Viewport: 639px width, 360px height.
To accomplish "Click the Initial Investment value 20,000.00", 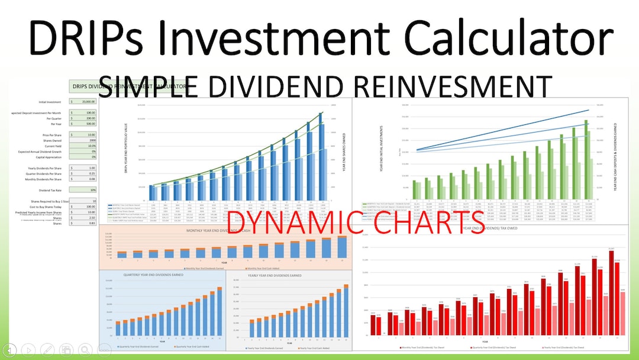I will click(x=83, y=102).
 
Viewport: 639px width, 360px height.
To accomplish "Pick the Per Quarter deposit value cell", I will click(x=83, y=118).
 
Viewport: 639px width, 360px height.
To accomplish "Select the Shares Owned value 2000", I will click(x=83, y=140).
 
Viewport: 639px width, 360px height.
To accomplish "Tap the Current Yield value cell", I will click(x=83, y=146).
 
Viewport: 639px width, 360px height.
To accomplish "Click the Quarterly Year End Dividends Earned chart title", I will click(x=154, y=276).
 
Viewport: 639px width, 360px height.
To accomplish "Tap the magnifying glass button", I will click(x=85, y=350).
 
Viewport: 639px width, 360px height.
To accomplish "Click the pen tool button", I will click(x=48, y=350).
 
